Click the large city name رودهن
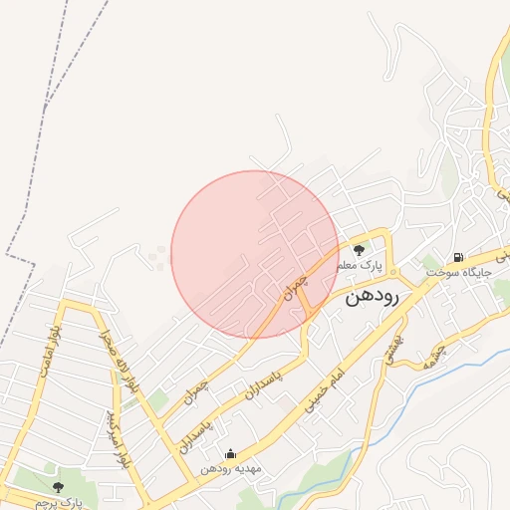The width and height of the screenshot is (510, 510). tap(373, 296)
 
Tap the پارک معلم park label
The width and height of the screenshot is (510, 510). tap(360, 266)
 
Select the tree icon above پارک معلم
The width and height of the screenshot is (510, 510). tap(359, 249)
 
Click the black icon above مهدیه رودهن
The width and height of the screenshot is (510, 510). tap(231, 454)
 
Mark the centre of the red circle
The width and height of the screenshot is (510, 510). tap(255, 254)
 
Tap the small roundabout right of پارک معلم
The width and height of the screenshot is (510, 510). tap(393, 271)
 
